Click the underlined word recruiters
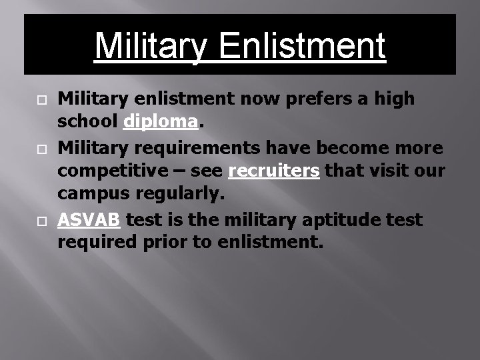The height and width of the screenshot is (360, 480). [x=275, y=171]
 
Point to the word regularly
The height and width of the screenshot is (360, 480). [x=180, y=194]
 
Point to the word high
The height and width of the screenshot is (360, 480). [x=395, y=99]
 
